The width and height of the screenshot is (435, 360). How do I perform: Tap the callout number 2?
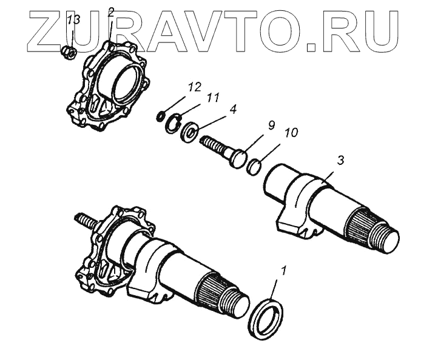[111, 12]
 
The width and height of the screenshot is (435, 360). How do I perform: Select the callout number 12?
[194, 87]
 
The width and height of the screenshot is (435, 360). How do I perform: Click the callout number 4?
[233, 110]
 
